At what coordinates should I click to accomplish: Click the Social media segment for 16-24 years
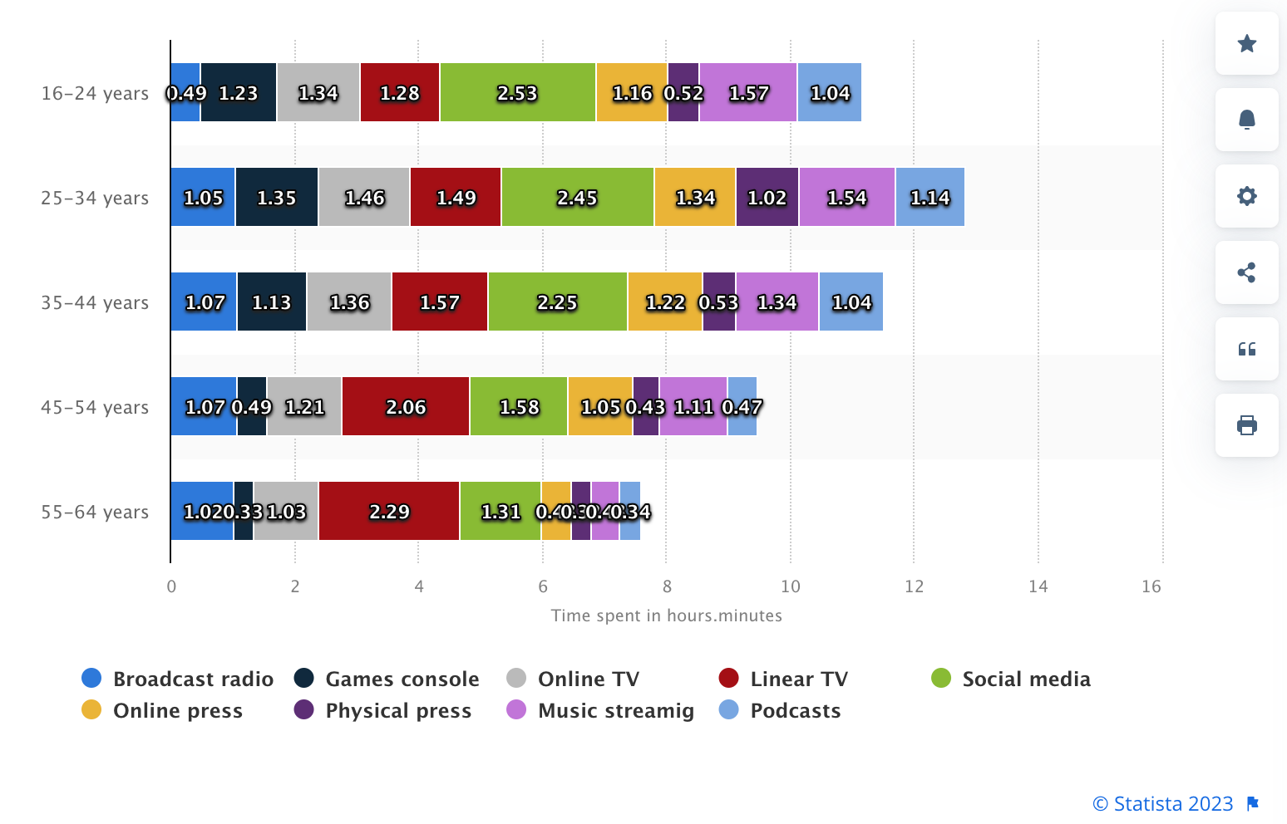517,92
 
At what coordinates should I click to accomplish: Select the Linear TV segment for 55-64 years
389,511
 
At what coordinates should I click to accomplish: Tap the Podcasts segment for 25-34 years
929,197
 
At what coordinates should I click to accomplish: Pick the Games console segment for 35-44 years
272,302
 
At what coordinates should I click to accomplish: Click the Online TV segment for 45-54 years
304,406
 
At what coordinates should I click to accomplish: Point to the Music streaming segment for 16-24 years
748,92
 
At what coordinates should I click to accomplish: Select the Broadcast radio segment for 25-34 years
203,197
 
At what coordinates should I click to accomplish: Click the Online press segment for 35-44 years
665,302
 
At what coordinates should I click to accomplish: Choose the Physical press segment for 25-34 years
767,197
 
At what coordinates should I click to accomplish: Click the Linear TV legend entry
798,679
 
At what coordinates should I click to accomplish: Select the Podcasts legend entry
795,710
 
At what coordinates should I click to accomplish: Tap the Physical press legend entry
397,710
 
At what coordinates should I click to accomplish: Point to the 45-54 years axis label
95,407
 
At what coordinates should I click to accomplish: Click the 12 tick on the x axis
914,586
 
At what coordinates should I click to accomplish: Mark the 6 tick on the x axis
543,586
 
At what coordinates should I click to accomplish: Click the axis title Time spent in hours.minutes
666,616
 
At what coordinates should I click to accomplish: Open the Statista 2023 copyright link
1162,803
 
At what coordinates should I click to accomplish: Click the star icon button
1246,43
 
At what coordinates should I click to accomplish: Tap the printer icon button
1246,425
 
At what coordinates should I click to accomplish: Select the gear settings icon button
1246,196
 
